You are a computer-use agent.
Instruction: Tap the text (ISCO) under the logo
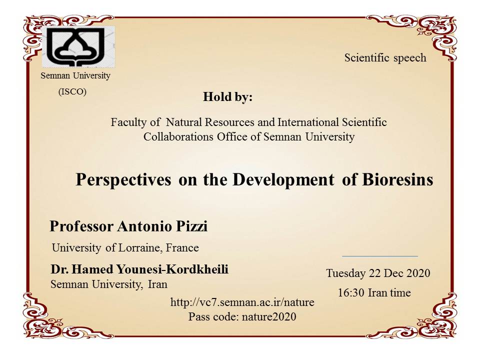(x=72, y=91)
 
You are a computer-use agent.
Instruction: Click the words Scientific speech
(x=385, y=57)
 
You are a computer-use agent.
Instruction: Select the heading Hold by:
(x=228, y=96)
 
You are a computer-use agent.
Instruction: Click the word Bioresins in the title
(x=397, y=179)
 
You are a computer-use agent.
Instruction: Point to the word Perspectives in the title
(x=123, y=179)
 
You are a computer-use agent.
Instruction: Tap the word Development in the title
(x=283, y=179)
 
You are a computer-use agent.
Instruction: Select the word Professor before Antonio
(x=81, y=226)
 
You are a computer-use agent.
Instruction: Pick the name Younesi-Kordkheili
(x=172, y=269)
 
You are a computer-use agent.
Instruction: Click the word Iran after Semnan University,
(x=157, y=284)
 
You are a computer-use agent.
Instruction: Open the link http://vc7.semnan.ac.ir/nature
(x=242, y=302)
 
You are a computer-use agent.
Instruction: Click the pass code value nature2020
(x=269, y=316)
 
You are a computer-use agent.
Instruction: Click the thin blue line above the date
(x=380, y=256)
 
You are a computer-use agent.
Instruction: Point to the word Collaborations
(x=178, y=136)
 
